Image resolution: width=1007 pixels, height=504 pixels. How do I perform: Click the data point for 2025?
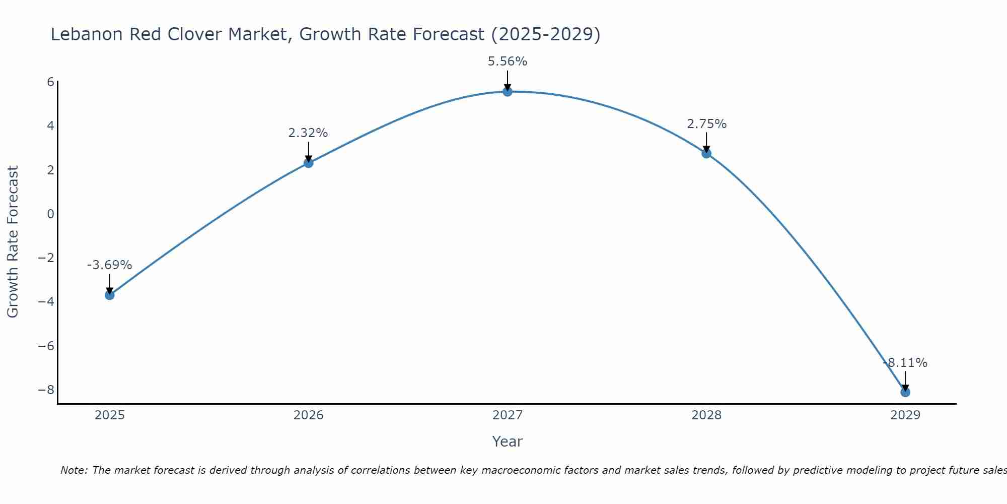pos(109,295)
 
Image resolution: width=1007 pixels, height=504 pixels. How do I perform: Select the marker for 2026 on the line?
pos(308,163)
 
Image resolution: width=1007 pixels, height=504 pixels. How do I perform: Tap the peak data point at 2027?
pos(507,91)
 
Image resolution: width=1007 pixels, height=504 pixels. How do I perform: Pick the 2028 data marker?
pos(706,153)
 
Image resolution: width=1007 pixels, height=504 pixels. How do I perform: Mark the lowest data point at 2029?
pos(905,392)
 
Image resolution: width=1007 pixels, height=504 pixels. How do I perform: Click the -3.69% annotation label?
pos(109,265)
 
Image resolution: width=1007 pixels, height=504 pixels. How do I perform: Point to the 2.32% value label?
pos(308,133)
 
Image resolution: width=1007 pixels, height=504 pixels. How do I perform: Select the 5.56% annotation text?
pos(507,61)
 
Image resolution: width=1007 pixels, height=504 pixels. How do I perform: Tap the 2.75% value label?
pos(706,124)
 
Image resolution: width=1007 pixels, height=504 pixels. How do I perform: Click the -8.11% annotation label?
pos(905,363)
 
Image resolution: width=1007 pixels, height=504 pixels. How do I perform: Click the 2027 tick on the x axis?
pos(507,415)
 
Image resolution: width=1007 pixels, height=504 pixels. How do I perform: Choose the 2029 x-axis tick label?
pos(905,415)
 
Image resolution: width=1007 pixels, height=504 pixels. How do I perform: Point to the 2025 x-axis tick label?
pos(109,415)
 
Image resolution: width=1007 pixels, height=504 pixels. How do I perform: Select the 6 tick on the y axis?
pos(50,82)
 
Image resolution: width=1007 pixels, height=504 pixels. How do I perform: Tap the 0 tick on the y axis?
pos(50,214)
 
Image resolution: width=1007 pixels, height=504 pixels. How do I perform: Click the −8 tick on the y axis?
pos(46,390)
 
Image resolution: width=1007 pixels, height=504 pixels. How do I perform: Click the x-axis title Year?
pos(507,442)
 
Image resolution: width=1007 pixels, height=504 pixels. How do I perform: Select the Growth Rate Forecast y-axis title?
pos(13,241)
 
